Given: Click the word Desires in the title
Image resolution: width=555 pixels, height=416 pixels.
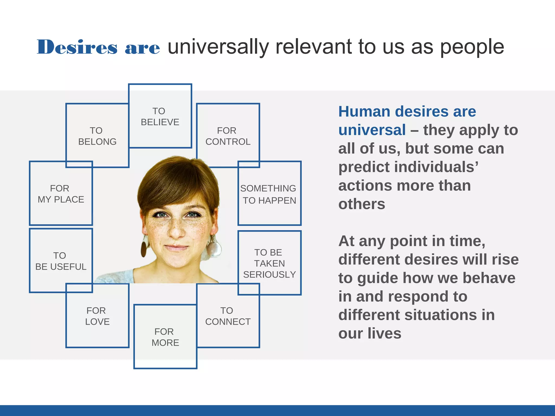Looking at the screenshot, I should click(77, 47).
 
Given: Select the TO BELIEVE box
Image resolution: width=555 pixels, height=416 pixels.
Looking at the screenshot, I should click(160, 116).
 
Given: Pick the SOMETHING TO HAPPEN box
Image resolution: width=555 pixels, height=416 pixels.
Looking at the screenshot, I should click(269, 194).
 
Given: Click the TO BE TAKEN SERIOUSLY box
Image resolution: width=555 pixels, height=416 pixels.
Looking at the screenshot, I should click(269, 263).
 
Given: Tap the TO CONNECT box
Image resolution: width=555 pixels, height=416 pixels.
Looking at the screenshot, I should click(228, 316).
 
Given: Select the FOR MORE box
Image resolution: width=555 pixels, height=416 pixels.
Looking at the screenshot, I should click(165, 337).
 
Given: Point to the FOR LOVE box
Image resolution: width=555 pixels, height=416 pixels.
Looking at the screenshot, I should click(97, 316).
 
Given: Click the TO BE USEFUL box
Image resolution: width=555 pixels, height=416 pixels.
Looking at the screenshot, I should click(61, 261).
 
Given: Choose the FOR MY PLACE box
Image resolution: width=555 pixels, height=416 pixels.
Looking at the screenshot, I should click(61, 194).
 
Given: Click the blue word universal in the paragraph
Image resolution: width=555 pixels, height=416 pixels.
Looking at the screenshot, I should click(372, 130).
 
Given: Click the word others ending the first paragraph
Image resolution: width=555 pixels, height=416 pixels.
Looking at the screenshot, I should click(362, 204).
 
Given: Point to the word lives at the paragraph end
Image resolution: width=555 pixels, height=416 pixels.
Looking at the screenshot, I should click(385, 333).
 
